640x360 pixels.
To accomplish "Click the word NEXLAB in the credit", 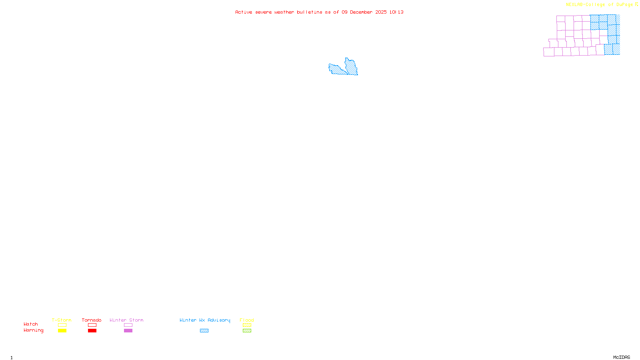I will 574,5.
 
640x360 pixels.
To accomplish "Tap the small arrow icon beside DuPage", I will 636,4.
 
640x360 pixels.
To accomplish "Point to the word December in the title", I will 361,12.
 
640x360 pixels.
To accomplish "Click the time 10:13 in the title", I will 396,12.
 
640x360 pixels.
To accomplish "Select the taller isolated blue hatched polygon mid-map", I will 352,67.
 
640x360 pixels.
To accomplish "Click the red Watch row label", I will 31,324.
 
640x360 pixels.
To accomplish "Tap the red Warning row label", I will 33,330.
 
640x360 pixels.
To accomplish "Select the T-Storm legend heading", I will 62,320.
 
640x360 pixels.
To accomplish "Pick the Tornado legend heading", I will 92,320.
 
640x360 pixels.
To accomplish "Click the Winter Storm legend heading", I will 126,320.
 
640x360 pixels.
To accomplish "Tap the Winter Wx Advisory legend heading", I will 205,320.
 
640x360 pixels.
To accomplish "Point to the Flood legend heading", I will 247,320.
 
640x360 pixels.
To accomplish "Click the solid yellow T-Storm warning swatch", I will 62,331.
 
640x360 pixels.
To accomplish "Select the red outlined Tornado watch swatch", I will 92,325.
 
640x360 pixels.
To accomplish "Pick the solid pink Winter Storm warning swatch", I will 128,331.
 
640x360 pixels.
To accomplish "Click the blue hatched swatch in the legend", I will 204,331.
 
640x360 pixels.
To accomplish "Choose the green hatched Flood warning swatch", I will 247,331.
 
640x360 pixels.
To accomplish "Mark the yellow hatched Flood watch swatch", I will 247,325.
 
